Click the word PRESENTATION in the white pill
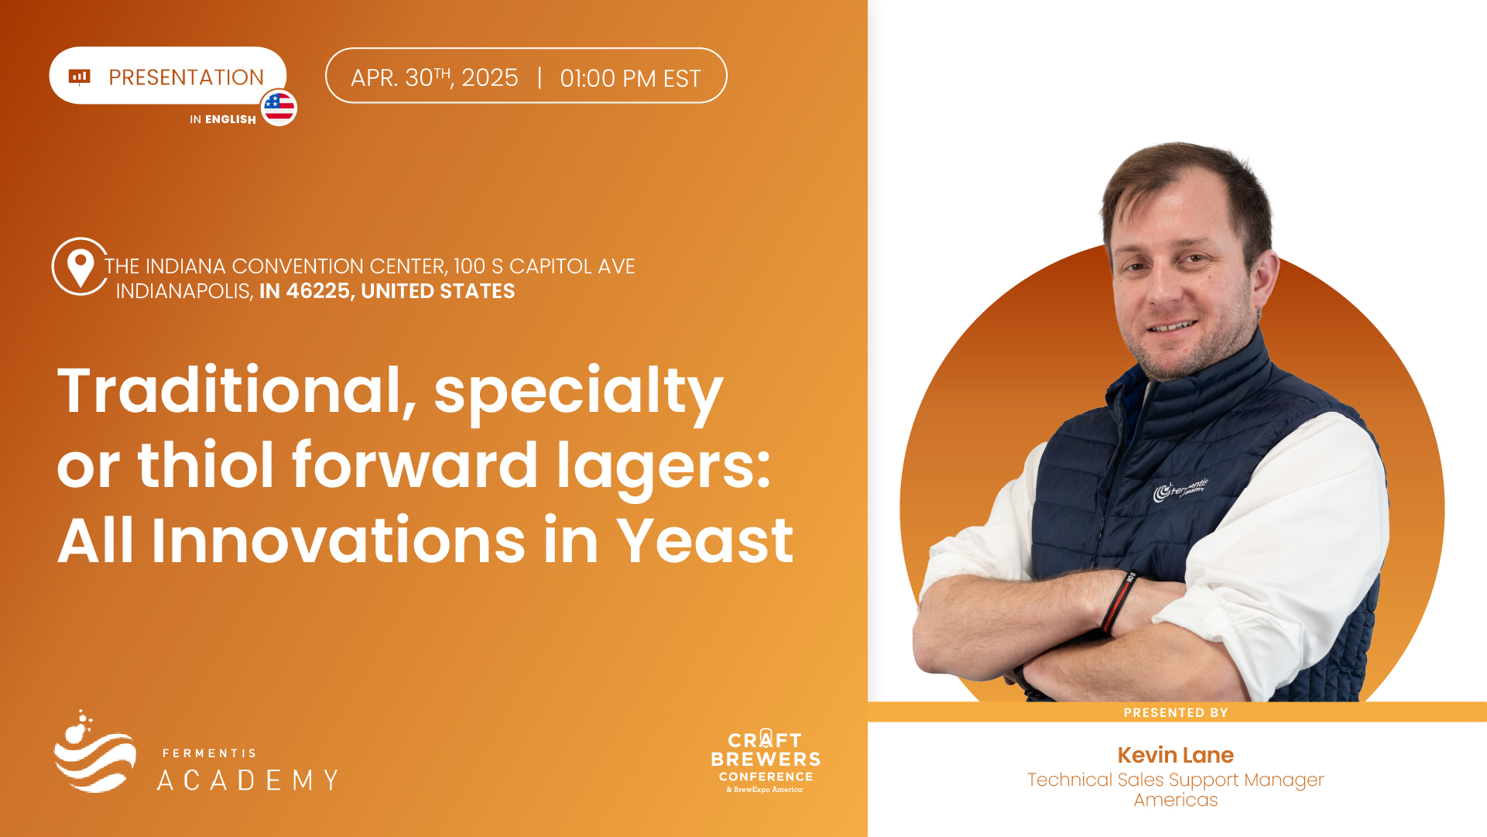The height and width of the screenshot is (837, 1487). pyautogui.click(x=186, y=77)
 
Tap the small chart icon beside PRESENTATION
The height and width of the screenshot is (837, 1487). pyautogui.click(x=80, y=76)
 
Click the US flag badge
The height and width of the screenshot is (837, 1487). pyautogui.click(x=279, y=108)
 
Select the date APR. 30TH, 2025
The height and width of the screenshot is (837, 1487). pyautogui.click(x=434, y=77)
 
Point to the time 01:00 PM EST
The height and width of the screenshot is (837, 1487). pyautogui.click(x=630, y=78)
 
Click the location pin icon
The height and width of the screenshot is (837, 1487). pyautogui.click(x=80, y=266)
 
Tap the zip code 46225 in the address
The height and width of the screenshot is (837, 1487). pyautogui.click(x=318, y=291)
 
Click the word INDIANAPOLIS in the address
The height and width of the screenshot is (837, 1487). pyautogui.click(x=184, y=291)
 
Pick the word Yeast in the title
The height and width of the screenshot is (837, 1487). pyautogui.click(x=705, y=540)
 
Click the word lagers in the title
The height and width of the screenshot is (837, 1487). pyautogui.click(x=663, y=466)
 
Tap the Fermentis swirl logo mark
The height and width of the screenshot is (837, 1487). pyautogui.click(x=94, y=751)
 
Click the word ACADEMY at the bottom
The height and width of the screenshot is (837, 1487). pyautogui.click(x=248, y=780)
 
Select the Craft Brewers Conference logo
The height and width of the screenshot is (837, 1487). pyautogui.click(x=766, y=760)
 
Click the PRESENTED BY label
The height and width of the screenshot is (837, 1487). pyautogui.click(x=1176, y=712)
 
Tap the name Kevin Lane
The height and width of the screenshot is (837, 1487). pyautogui.click(x=1175, y=755)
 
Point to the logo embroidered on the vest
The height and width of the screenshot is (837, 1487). pyautogui.click(x=1180, y=489)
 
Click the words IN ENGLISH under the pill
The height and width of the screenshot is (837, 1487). pyautogui.click(x=223, y=119)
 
